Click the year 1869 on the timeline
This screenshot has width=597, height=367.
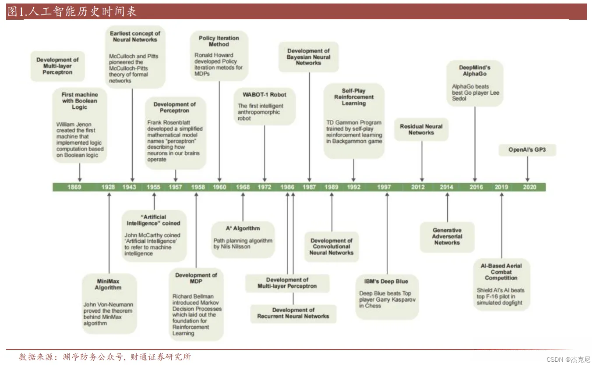point(74,187)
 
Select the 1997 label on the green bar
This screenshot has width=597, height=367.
point(384,187)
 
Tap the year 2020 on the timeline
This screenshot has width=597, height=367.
point(530,187)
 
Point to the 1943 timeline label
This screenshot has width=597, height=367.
point(129,187)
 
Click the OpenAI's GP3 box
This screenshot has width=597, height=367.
point(526,150)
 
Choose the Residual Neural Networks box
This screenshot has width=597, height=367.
point(421,129)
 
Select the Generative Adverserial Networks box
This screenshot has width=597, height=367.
point(447,236)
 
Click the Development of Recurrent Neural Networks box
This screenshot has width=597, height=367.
point(293,313)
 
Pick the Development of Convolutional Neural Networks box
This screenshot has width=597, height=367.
point(331,246)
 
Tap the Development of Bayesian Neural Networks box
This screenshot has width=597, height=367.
point(308,57)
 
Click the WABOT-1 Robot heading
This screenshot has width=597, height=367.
point(264,95)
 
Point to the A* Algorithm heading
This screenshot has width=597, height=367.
point(243,228)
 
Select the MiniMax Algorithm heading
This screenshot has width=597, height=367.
point(108,285)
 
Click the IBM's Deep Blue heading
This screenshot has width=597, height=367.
point(386,281)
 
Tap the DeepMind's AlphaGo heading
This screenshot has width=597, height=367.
point(474,71)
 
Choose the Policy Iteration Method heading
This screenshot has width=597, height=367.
point(219,41)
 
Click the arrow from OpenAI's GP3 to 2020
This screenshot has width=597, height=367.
point(527,168)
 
